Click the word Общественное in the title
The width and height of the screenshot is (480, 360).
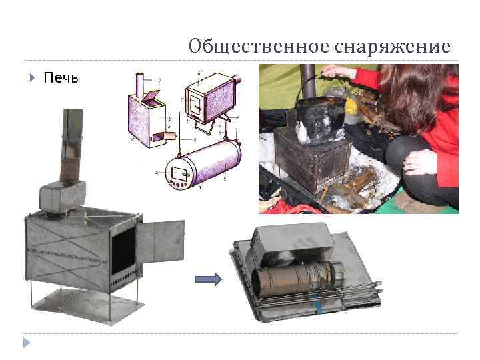point(251,47)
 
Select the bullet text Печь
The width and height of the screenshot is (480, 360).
point(61,78)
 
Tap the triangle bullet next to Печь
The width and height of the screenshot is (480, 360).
point(32,78)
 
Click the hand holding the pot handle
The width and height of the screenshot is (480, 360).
point(340,72)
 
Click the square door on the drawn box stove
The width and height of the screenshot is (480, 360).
point(195,105)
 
